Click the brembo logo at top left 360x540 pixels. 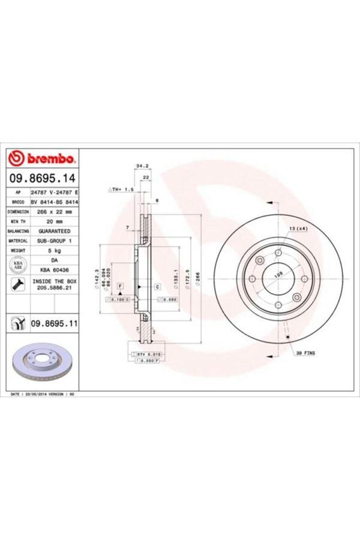coord(42,159)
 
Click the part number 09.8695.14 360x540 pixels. coord(41,178)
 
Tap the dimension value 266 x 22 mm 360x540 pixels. coord(54,212)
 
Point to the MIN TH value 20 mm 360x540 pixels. coord(54,221)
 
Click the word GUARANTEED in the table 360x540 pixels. coord(54,231)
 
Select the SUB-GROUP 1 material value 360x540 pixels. coord(54,241)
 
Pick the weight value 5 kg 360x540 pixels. coord(54,250)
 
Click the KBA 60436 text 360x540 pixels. coord(54,269)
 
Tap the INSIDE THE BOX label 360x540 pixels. coord(54,281)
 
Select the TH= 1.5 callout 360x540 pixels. coord(120,189)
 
